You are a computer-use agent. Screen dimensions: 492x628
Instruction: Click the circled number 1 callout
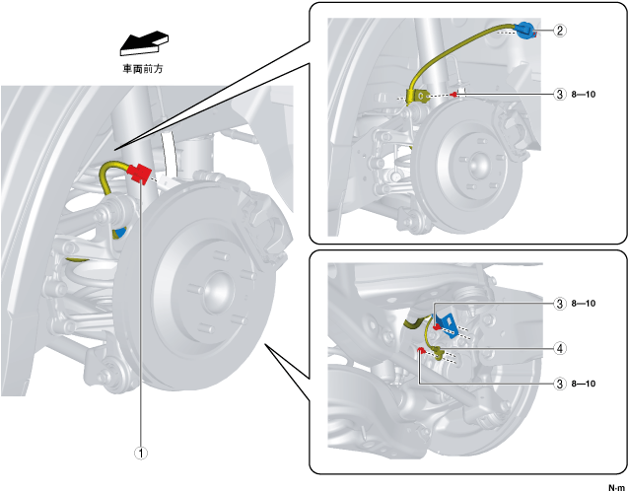click(141, 455)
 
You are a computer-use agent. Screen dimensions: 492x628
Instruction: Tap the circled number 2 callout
click(559, 31)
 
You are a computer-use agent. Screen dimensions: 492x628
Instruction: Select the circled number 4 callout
click(559, 347)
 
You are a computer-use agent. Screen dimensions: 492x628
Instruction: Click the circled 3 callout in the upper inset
click(559, 95)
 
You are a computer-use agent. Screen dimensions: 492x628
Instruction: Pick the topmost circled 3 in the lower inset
click(559, 304)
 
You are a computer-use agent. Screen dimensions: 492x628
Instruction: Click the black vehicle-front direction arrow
click(142, 41)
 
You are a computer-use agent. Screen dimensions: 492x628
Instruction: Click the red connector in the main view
click(139, 175)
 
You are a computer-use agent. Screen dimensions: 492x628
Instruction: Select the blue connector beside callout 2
click(525, 31)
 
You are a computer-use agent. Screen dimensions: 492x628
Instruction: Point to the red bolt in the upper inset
click(454, 95)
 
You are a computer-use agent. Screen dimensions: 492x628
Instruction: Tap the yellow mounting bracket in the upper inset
click(421, 96)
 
